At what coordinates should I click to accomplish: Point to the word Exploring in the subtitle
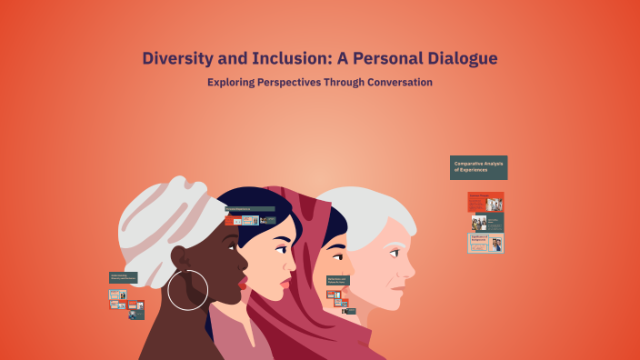coord(235,83)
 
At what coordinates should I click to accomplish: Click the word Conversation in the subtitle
coord(394,83)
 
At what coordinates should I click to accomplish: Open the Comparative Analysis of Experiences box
coord(478,167)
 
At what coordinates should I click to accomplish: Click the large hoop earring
coord(188,289)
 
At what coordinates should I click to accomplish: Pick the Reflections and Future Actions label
coord(337,281)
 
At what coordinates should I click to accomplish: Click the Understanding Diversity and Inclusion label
coord(123,277)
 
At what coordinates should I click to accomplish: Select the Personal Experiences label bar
coord(250,209)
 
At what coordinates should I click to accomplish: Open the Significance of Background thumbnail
coord(485,243)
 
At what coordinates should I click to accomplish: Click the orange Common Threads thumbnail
coord(485,201)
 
